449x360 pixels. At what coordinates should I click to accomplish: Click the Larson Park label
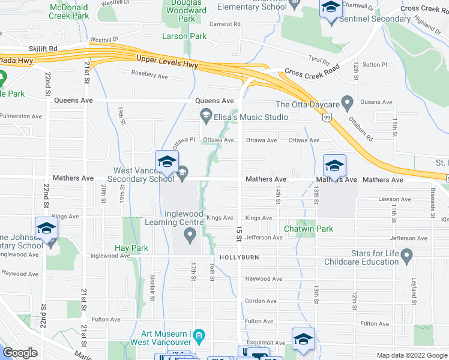[184, 36]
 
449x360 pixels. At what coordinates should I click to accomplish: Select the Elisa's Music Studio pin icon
[206, 114]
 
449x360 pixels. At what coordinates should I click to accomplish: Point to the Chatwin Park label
[309, 229]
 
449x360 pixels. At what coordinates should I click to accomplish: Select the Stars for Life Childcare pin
[407, 256]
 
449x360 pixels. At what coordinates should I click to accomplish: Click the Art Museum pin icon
[200, 335]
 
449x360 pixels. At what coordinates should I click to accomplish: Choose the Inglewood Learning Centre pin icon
[190, 234]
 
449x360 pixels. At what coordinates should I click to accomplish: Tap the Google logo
[21, 353]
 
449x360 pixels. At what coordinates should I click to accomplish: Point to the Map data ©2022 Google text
[412, 355]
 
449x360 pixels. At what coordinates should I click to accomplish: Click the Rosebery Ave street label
[149, 76]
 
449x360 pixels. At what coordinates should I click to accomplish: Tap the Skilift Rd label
[43, 48]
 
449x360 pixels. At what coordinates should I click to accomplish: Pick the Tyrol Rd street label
[319, 61]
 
